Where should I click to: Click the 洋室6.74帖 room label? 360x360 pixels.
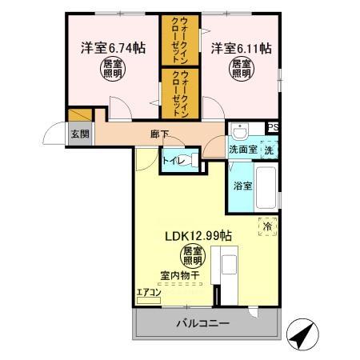pos(112,48)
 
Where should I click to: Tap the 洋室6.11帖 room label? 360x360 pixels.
pos(241,48)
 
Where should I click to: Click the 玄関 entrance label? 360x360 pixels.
pos(79,134)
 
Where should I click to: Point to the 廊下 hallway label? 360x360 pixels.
pos(160,134)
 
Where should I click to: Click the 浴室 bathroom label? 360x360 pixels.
pos(242,186)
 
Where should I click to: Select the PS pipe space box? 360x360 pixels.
pos(272,127)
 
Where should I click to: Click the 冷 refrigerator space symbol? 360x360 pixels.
pos(266,227)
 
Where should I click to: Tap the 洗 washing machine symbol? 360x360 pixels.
pos(270,149)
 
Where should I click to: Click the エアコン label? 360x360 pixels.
pos(149,292)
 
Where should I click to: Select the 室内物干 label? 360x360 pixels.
pos(179,276)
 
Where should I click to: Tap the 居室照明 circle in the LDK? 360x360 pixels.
pos(190,258)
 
